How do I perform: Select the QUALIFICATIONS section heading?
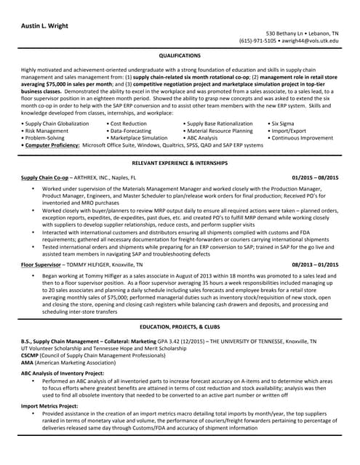tap(180, 54)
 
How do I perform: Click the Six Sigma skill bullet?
tap(286, 124)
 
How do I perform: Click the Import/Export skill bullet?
tap(291, 131)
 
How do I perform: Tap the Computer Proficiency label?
tap(51, 145)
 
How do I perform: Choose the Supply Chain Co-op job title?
tap(44, 177)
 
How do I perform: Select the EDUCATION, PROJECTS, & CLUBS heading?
tap(180, 328)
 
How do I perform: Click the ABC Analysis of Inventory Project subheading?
tap(63, 373)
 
